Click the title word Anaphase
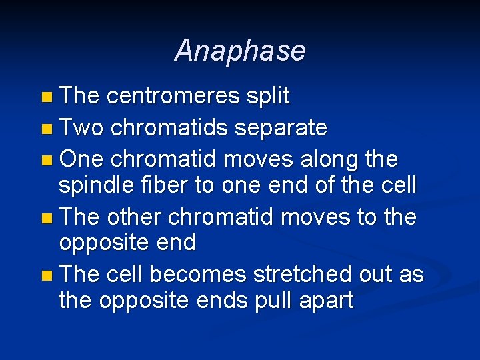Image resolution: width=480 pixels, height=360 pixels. [240, 51]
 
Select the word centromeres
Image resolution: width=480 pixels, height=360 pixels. [173, 96]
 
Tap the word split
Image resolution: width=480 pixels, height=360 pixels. [268, 96]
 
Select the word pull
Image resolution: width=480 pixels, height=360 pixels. [273, 301]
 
